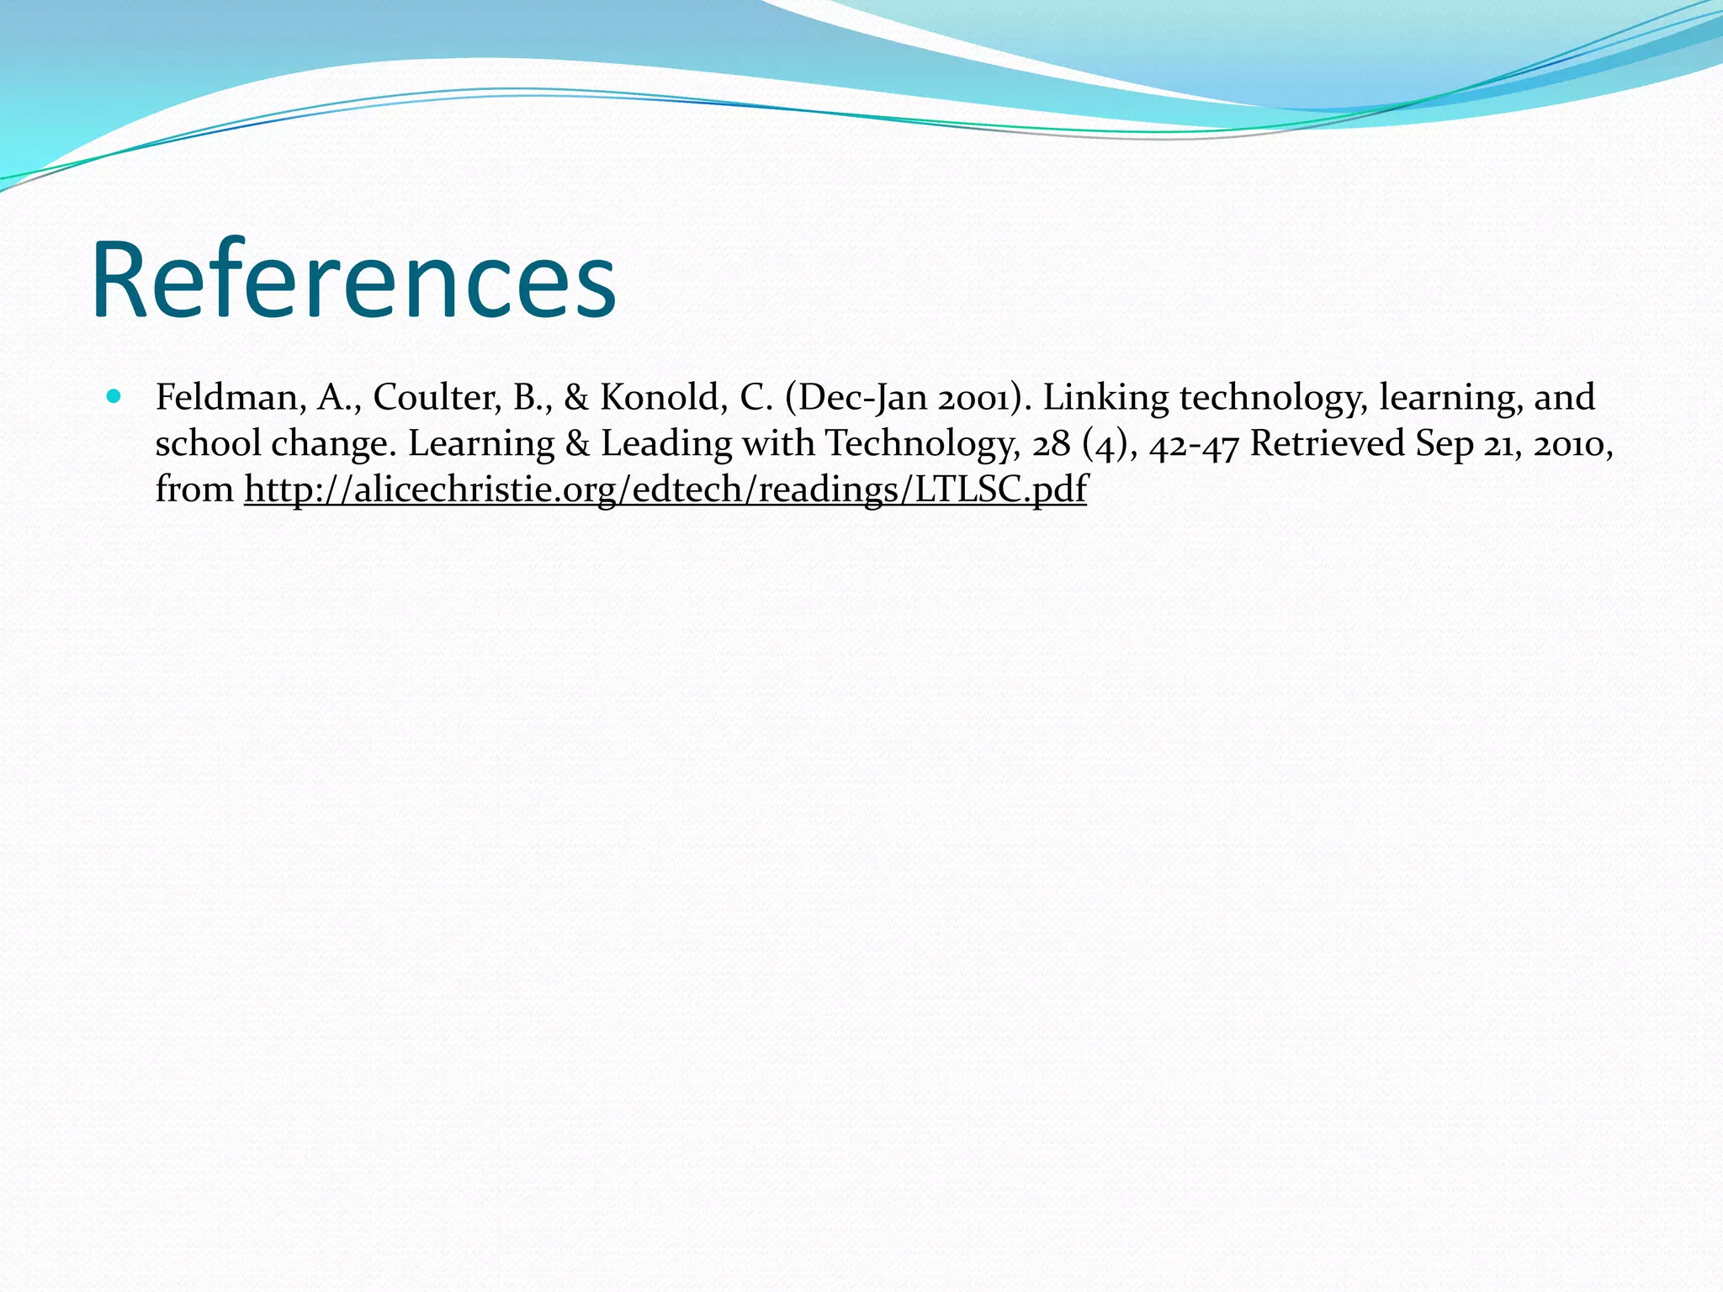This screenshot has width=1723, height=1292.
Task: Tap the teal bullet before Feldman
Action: (x=114, y=395)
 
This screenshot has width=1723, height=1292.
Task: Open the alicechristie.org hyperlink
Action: (x=665, y=490)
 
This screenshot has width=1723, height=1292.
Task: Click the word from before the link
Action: (x=194, y=490)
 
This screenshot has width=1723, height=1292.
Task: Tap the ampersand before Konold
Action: (x=576, y=398)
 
